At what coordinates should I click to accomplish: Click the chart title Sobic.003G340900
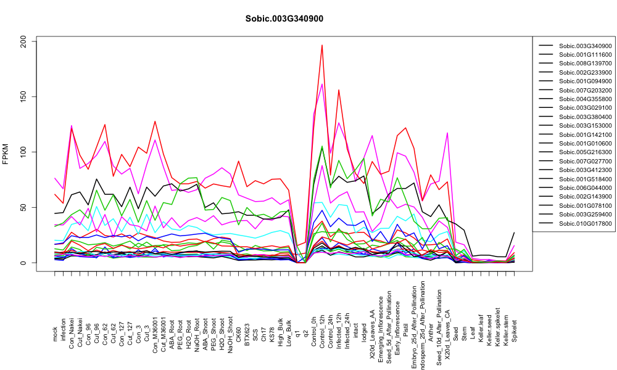(x=284, y=19)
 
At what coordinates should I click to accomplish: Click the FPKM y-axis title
(x=6, y=154)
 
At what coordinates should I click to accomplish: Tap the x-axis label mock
(x=55, y=334)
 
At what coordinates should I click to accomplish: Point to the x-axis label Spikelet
(x=515, y=331)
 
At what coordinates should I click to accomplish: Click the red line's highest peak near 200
(x=322, y=45)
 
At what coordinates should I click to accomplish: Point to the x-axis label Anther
(x=431, y=332)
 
